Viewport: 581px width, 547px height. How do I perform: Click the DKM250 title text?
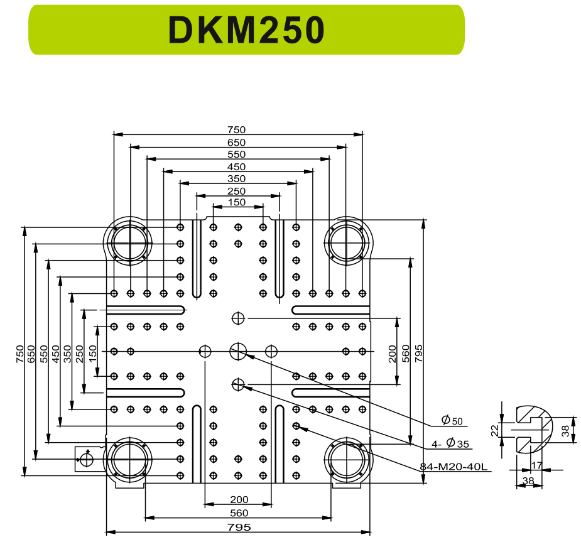[x=246, y=30]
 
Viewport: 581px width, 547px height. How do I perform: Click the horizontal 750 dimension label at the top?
[x=237, y=129]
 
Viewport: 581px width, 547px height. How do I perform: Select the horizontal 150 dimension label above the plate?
[x=237, y=202]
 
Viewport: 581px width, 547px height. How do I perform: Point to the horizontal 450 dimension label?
[x=237, y=166]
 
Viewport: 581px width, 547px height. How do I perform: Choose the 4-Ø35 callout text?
[x=450, y=444]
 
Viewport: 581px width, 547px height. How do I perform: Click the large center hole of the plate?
[x=238, y=351]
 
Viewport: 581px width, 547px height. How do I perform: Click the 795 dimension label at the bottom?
[x=239, y=527]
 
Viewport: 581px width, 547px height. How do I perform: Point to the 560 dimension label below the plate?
[x=239, y=513]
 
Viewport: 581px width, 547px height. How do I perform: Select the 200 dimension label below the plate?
[x=239, y=500]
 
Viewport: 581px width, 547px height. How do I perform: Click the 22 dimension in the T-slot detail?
[x=494, y=430]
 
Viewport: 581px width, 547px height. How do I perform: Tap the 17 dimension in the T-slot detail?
[x=536, y=465]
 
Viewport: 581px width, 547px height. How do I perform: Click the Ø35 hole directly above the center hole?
[x=238, y=318]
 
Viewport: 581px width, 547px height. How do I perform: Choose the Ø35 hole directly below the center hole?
[x=238, y=384]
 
